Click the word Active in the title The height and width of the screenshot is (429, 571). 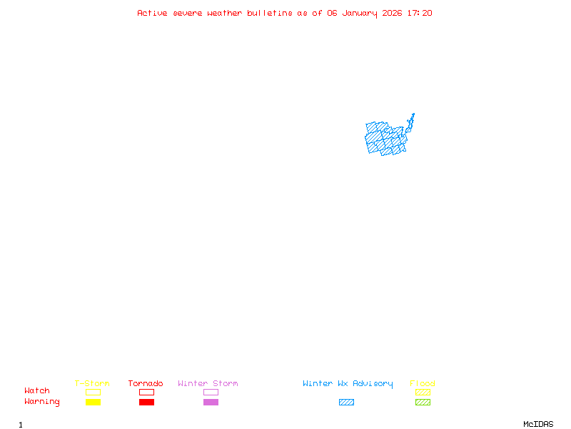point(152,13)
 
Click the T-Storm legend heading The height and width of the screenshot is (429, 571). point(92,383)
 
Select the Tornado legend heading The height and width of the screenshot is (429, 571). point(146,383)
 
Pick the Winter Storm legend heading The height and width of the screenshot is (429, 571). point(208,383)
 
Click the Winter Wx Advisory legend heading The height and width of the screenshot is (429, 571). point(348,383)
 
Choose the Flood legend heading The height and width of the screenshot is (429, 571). point(423,383)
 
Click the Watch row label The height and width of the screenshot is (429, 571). point(37,391)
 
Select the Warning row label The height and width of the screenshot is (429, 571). point(42,402)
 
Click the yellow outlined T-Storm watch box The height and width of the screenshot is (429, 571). point(93,392)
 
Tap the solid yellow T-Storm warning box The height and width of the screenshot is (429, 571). point(93,402)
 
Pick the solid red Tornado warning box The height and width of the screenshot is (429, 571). point(146,402)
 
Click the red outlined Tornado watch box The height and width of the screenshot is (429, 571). point(146,392)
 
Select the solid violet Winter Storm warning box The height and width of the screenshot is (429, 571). point(211,402)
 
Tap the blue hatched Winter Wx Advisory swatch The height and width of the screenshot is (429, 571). point(346,402)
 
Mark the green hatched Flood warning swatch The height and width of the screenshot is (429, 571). point(423,402)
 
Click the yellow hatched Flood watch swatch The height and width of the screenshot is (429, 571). point(423,392)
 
